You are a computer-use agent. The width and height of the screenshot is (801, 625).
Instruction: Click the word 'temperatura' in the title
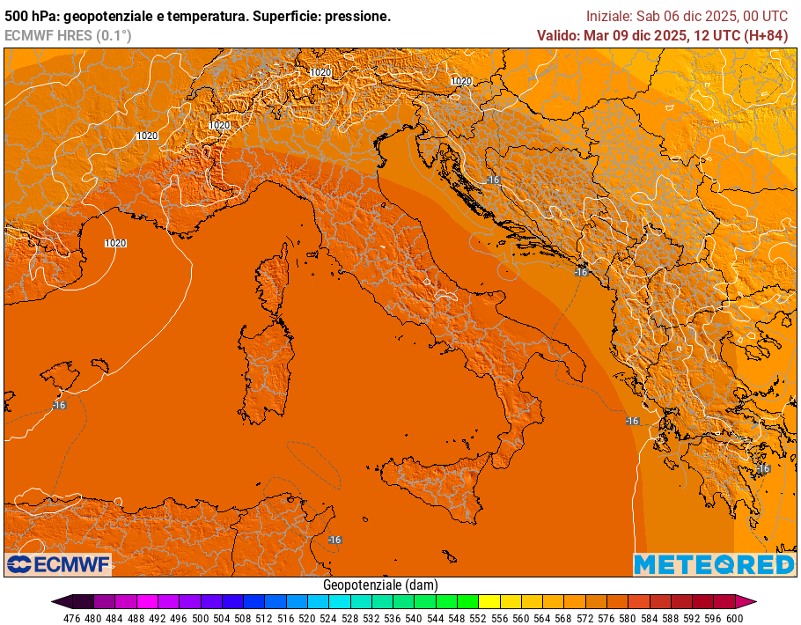(x=202, y=17)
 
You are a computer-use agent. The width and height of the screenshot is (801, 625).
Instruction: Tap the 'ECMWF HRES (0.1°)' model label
(x=68, y=35)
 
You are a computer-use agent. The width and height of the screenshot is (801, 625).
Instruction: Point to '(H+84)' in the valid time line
(x=766, y=35)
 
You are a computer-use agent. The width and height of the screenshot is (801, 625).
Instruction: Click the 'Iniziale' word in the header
(x=609, y=17)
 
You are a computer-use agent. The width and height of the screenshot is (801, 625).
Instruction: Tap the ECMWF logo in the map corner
(x=58, y=563)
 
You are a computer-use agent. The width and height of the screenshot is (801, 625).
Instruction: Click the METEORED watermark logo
(x=714, y=564)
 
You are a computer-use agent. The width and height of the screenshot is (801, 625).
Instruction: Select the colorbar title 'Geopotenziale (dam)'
(x=380, y=585)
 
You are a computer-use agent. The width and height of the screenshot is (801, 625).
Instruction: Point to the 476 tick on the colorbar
(x=72, y=618)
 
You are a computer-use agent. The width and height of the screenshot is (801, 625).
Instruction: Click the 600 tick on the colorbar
(x=735, y=618)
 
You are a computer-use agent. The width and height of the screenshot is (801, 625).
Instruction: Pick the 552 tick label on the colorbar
(x=478, y=618)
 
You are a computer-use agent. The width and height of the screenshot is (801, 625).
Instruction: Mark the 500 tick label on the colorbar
(x=201, y=618)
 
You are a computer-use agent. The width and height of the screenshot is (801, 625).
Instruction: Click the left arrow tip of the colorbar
(x=54, y=602)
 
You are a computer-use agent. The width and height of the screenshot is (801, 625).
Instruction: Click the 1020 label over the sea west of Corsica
(x=115, y=243)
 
